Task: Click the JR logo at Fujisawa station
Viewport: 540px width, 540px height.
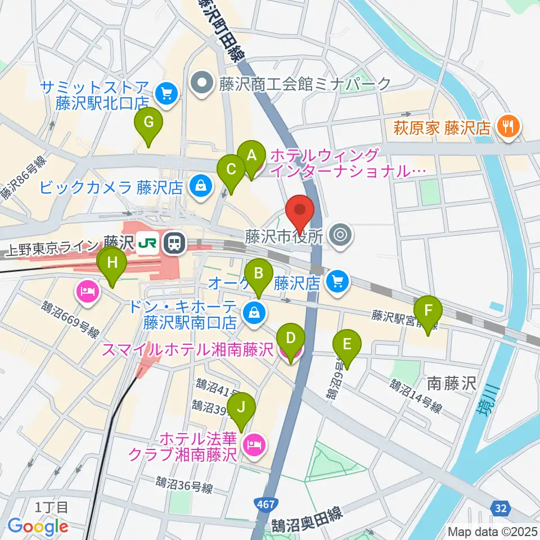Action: (x=148, y=243)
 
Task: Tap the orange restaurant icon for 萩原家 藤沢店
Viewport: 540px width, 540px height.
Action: (x=508, y=126)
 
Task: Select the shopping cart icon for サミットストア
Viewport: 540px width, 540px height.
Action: (x=166, y=93)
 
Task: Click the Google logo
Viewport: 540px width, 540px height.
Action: (x=38, y=526)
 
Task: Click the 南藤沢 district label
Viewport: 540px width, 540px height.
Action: (x=452, y=384)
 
